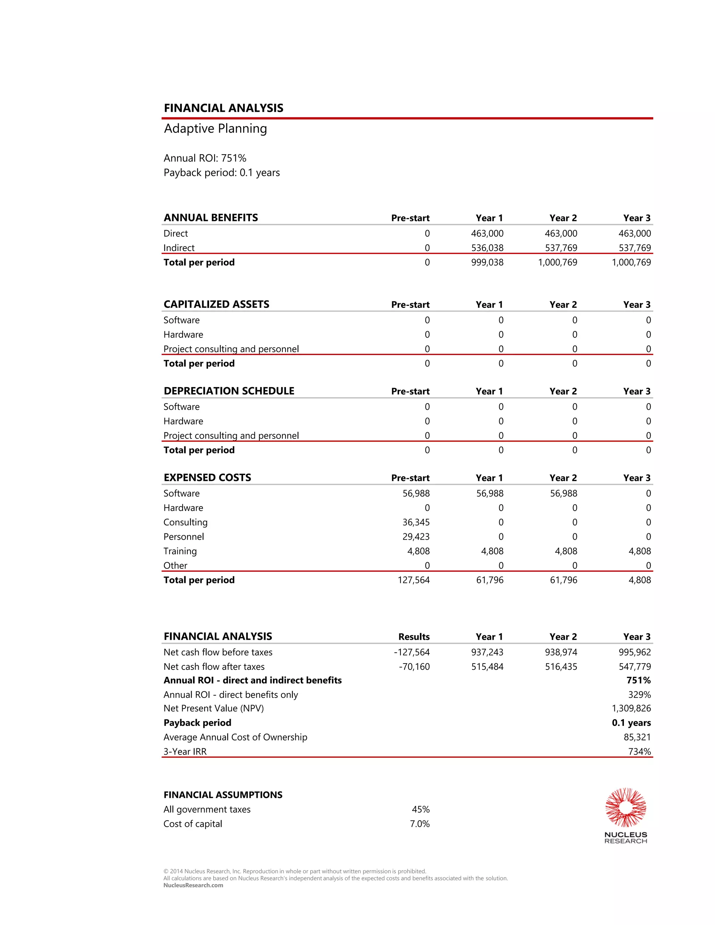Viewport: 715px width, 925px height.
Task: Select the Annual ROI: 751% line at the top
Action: pyautogui.click(x=205, y=158)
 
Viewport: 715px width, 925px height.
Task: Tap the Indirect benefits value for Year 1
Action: pyautogui.click(x=487, y=248)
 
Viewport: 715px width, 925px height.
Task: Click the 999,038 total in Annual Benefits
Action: pyautogui.click(x=487, y=262)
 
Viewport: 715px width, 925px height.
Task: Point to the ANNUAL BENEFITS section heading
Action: pyautogui.click(x=211, y=218)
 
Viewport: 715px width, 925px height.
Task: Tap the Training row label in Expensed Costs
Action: pyautogui.click(x=180, y=551)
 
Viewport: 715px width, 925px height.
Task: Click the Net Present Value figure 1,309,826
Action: pyautogui.click(x=631, y=708)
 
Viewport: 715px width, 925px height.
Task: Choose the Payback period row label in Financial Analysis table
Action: pyautogui.click(x=197, y=723)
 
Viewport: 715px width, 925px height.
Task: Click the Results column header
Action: pyautogui.click(x=414, y=637)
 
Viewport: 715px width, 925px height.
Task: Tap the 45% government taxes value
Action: pyautogui.click(x=421, y=809)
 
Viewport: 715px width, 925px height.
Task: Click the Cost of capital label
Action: pyautogui.click(x=193, y=824)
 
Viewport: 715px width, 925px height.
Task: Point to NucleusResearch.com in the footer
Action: pyautogui.click(x=193, y=885)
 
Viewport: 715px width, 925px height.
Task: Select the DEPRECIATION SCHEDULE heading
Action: pyautogui.click(x=229, y=391)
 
